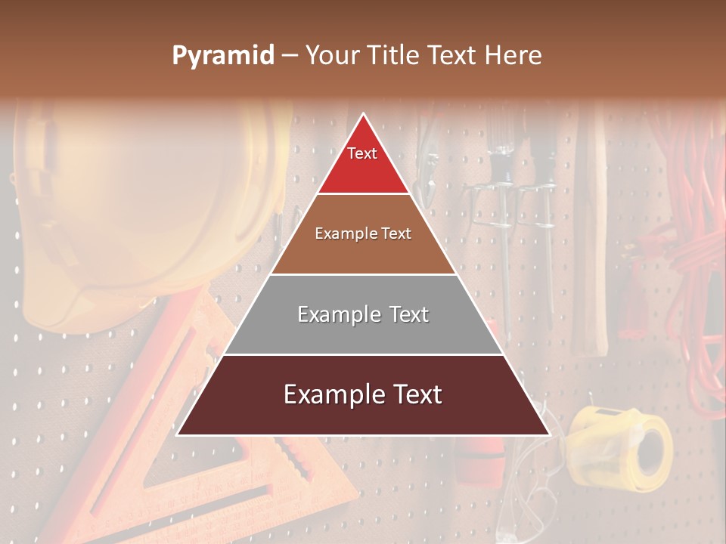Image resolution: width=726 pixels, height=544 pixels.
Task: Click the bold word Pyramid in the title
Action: click(x=222, y=55)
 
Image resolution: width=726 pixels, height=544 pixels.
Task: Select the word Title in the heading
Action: click(x=394, y=55)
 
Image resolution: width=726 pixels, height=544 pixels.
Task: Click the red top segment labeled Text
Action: click(x=363, y=162)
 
